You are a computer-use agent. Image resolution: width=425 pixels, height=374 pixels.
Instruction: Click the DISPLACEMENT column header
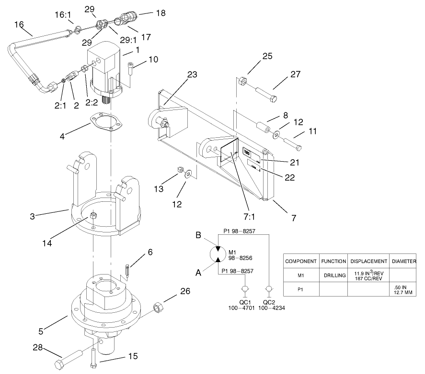(x=368, y=262)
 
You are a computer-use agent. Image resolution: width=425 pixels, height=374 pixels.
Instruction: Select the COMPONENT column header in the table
(x=301, y=262)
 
